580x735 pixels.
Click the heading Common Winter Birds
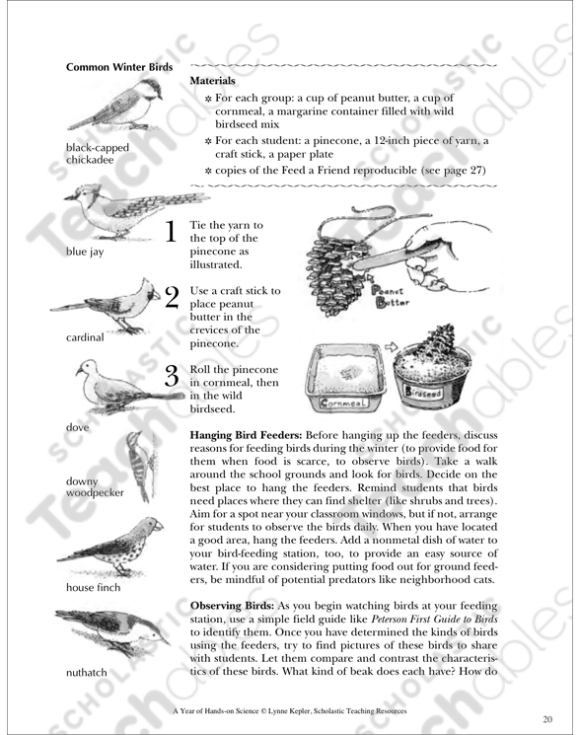119,67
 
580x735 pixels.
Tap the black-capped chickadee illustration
115,105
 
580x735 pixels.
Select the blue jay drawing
136,212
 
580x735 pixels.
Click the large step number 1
171,232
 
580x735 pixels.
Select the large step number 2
172,297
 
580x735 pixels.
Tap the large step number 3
172,376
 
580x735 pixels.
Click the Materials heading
212,81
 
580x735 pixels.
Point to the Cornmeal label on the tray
343,403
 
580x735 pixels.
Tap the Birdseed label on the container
423,392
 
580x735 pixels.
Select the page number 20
547,719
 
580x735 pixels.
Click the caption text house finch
94,587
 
